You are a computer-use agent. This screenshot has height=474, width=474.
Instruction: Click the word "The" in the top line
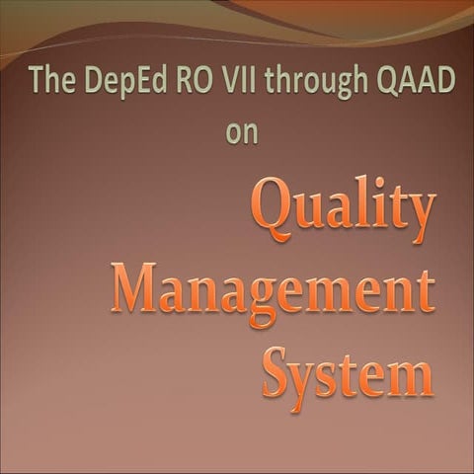click(49, 80)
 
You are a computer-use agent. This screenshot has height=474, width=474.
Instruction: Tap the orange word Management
click(273, 292)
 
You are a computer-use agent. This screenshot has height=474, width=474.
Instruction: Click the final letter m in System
click(413, 378)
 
